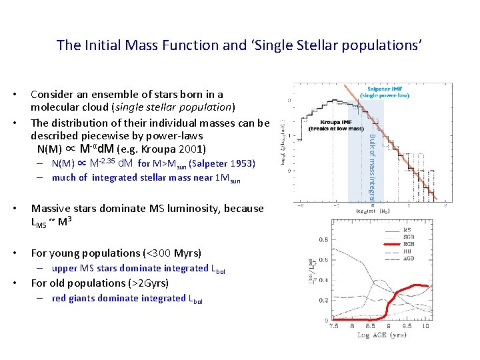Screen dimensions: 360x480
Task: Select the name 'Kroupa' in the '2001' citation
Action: click(157, 149)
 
